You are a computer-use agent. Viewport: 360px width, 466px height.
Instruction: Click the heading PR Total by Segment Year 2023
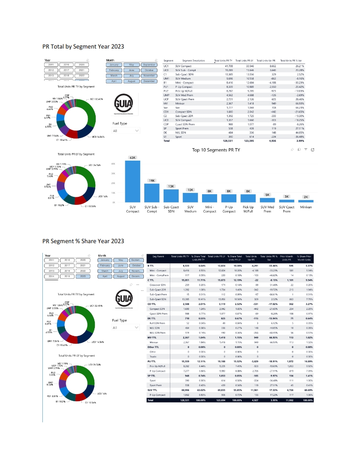tap(83, 46)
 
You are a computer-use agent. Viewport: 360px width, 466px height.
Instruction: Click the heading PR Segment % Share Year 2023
tap(83, 241)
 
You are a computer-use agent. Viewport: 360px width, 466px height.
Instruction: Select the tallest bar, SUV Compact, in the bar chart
tap(133, 181)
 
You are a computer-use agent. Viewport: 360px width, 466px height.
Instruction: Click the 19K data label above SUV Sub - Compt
tap(152, 181)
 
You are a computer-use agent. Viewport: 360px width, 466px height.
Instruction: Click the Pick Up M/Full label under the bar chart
tap(248, 209)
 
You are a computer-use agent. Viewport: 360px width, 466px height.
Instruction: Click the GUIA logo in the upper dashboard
tap(124, 105)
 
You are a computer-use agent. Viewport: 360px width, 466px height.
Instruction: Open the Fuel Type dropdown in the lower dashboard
tap(126, 328)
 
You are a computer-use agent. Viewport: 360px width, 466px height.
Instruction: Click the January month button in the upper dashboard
tap(114, 65)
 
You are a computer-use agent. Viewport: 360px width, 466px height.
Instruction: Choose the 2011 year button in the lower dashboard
tap(51, 260)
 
